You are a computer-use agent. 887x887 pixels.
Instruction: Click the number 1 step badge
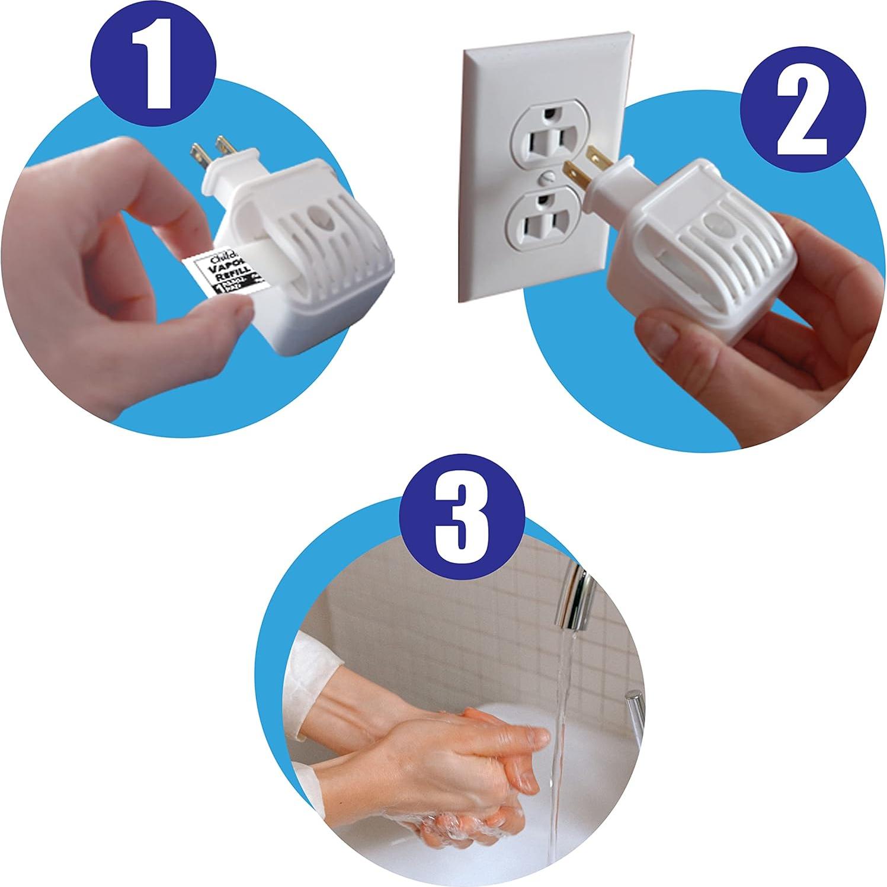pos(153,63)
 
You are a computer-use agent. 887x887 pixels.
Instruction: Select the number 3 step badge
pos(462,519)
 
